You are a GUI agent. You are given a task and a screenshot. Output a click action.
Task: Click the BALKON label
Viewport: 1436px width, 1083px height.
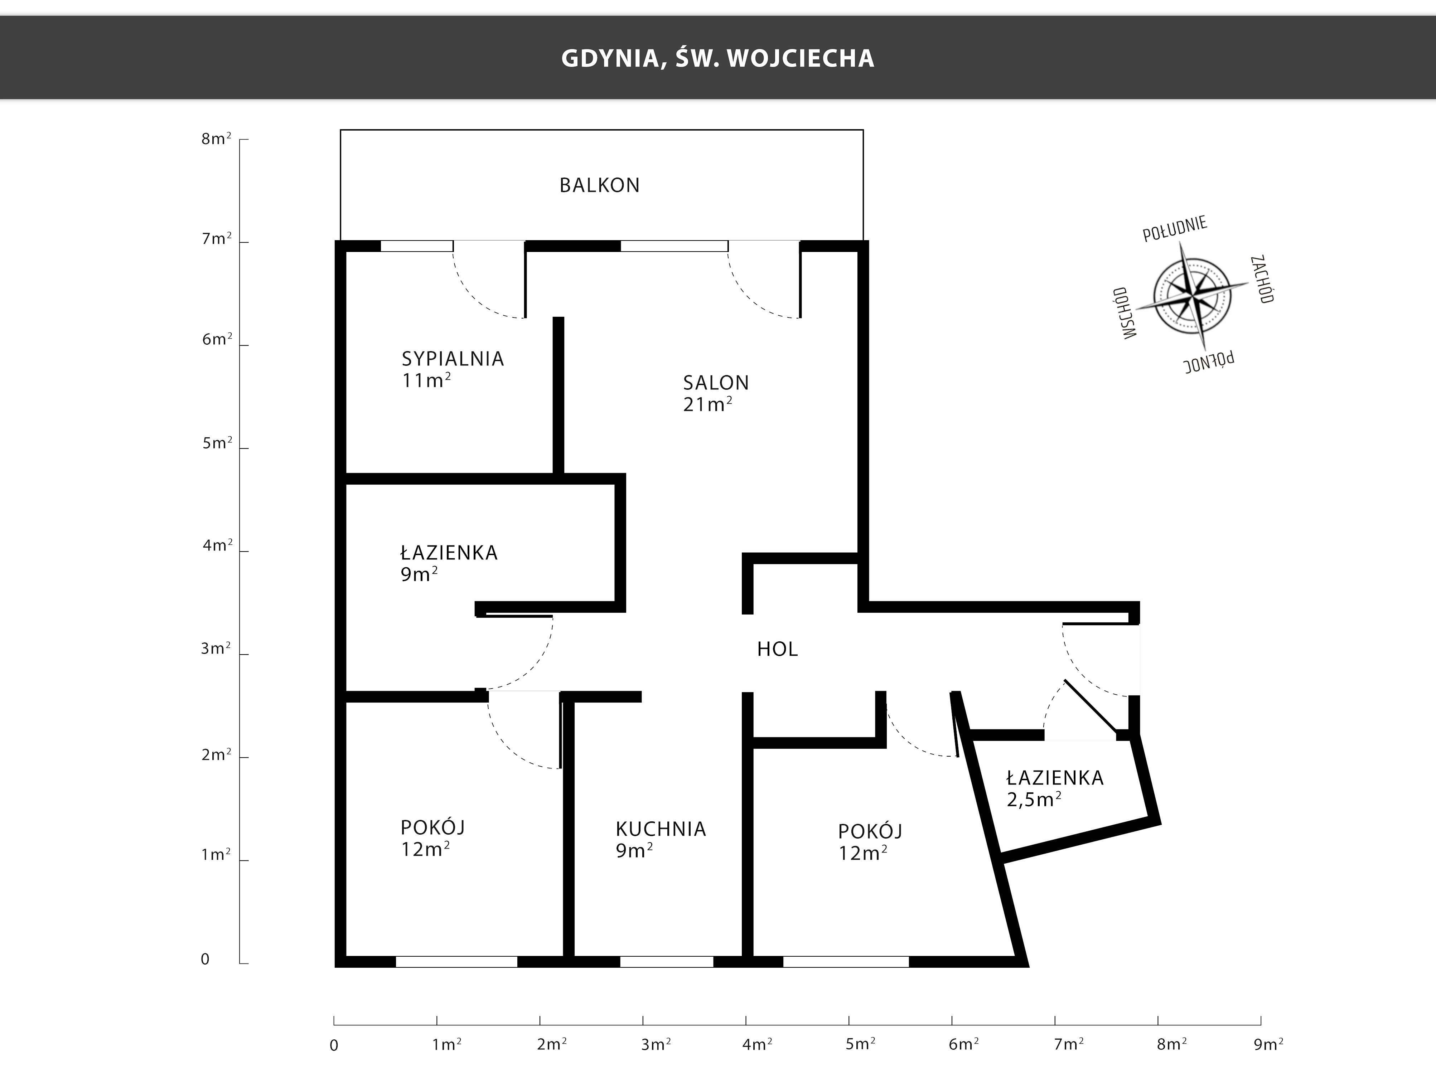pos(599,186)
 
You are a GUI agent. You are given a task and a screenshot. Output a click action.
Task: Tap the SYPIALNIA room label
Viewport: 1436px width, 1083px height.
pos(453,359)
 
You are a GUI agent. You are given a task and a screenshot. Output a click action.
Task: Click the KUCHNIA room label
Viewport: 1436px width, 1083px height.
pos(660,829)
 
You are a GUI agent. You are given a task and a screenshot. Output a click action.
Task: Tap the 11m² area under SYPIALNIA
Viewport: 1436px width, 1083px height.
pos(426,380)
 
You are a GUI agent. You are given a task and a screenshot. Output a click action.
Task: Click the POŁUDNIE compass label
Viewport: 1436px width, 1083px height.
pos(1174,229)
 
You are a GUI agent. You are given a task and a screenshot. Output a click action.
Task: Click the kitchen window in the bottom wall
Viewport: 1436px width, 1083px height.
pos(667,962)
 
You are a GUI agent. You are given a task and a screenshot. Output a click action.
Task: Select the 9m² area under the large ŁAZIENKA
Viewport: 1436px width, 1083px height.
pos(419,574)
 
